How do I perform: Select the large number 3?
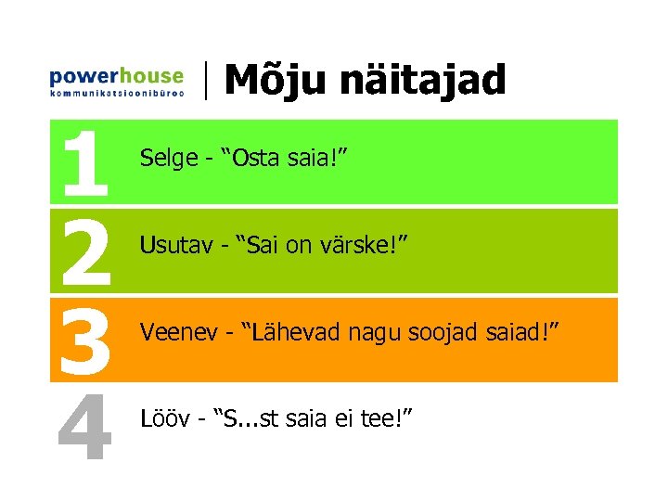85,338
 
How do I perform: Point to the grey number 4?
85,426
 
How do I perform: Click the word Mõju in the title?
276,81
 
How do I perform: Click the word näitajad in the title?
422,81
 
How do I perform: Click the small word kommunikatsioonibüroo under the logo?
116,93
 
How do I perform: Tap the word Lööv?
161,418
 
